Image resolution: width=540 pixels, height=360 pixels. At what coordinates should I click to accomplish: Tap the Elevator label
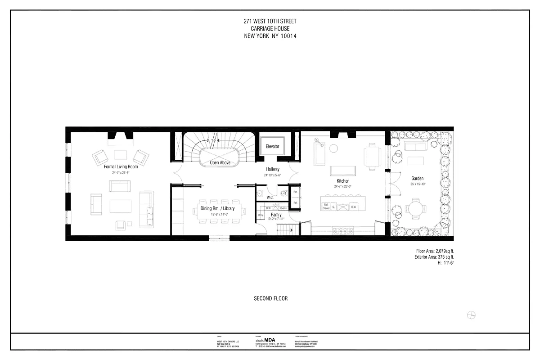[x=272, y=147]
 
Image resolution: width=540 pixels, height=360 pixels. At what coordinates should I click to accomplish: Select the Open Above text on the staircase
[x=220, y=163]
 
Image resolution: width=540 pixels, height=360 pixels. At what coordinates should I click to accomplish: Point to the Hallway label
[x=273, y=169]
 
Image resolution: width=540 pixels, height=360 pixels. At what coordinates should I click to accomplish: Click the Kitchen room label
[x=342, y=181]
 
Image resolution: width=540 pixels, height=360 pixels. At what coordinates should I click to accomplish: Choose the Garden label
[x=417, y=179]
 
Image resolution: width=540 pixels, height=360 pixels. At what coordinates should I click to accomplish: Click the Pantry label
[x=276, y=215]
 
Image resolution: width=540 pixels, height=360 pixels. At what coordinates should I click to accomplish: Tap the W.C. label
[x=270, y=197]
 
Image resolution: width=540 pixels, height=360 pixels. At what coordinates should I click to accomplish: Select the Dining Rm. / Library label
[x=217, y=209]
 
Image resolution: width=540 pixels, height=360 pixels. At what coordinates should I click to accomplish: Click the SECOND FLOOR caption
[x=270, y=298]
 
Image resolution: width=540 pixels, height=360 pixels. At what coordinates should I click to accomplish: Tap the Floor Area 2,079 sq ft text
[x=432, y=251]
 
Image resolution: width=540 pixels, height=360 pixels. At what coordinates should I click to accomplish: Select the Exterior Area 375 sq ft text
[x=431, y=257]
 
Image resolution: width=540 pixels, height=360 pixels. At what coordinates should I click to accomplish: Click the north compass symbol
[x=472, y=315]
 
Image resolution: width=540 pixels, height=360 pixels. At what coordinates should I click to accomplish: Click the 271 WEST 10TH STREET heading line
[x=270, y=21]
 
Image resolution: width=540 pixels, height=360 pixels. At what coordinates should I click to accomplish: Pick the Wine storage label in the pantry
[x=261, y=216]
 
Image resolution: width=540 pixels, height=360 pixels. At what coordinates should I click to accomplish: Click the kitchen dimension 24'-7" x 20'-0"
[x=342, y=186]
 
